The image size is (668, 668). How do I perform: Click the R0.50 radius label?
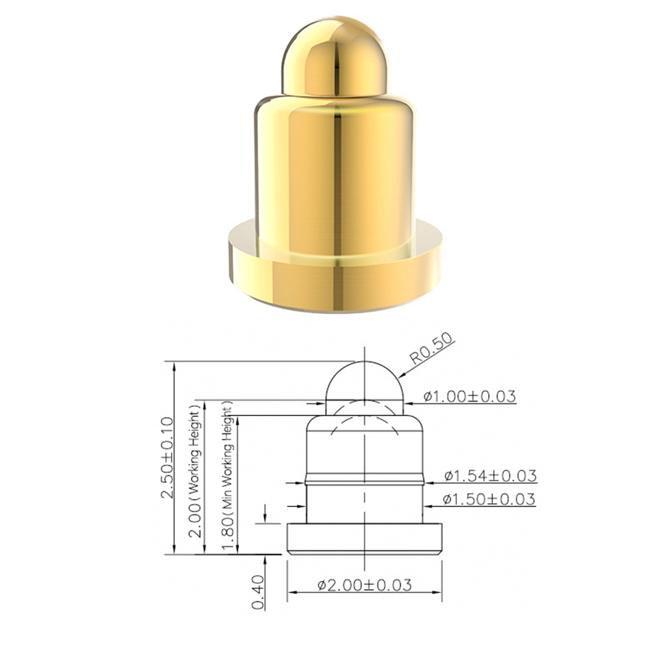[432, 349]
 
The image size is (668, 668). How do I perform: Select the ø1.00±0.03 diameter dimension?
[470, 396]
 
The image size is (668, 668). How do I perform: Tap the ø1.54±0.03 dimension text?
[490, 476]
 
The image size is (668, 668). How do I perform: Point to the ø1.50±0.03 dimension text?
[489, 499]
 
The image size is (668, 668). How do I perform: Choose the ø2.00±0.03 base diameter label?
[365, 585]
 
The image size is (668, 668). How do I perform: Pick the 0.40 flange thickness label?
[258, 592]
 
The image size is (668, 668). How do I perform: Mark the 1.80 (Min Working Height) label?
[228, 478]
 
